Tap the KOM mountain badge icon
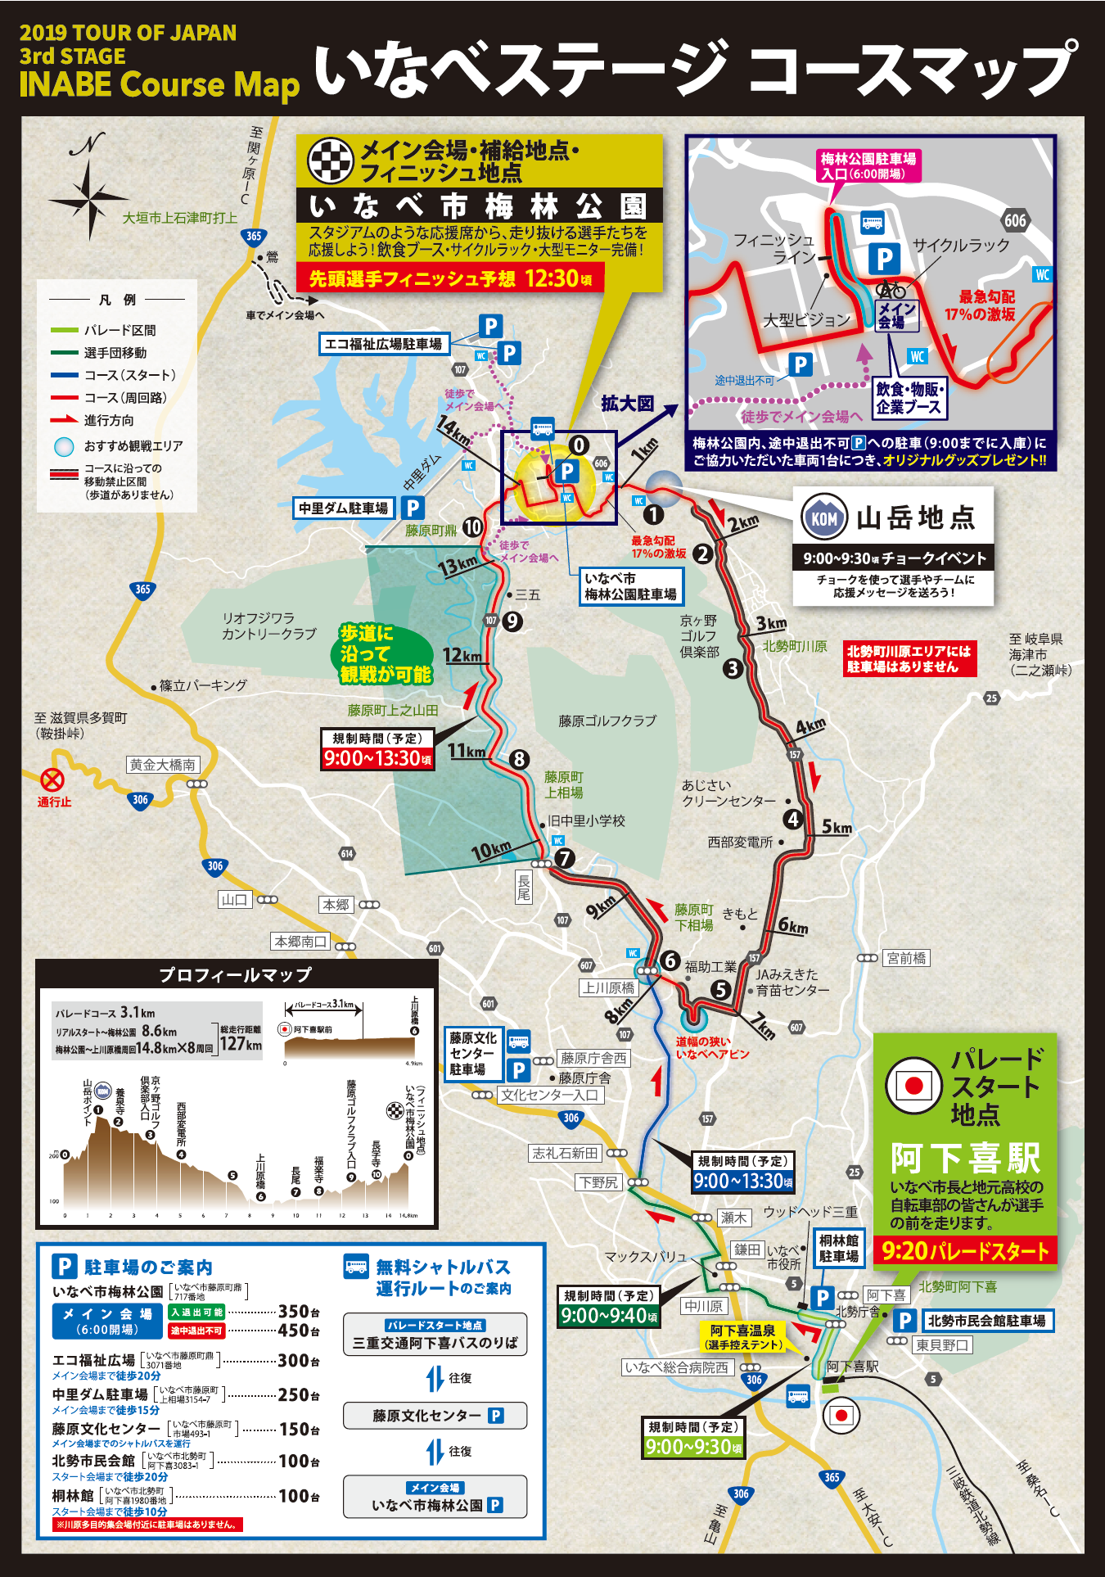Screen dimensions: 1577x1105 coord(823,517)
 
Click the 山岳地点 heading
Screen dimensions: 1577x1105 coord(916,517)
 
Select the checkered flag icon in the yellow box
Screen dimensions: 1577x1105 coord(330,160)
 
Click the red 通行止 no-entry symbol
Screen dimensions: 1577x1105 coord(52,779)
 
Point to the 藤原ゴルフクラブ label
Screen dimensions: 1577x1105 coord(607,721)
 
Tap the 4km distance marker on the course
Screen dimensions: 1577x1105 coord(810,726)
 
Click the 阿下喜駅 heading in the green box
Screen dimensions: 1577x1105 coord(965,1158)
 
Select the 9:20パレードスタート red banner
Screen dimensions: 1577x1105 coord(965,1250)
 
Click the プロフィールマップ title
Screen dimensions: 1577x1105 coord(236,974)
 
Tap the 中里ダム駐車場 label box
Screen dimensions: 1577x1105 coord(344,508)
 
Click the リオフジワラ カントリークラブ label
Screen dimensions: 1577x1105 coord(269,626)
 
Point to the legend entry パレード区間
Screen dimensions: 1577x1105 coord(120,330)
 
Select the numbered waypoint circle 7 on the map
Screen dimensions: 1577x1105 coord(565,858)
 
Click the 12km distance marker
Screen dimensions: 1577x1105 coord(462,655)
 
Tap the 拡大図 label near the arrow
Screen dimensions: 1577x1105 coord(628,403)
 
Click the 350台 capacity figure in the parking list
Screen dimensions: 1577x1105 coord(298,1311)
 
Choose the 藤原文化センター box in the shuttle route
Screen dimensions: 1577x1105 coord(435,1415)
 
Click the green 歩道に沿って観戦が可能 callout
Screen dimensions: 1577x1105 coord(385,653)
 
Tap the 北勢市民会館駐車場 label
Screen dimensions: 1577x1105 coord(985,1320)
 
